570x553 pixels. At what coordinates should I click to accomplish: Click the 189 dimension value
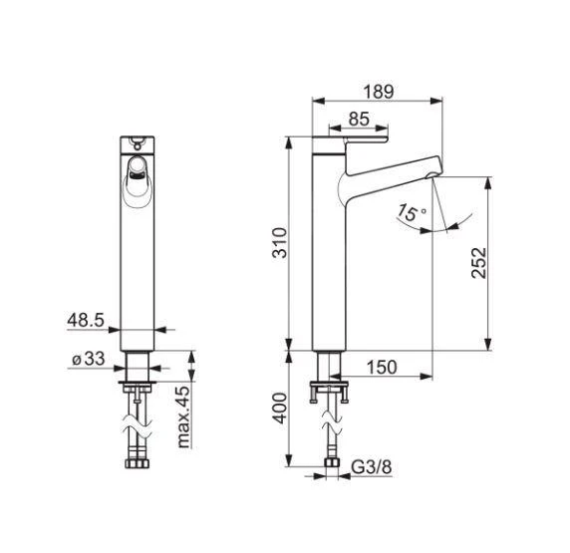379,92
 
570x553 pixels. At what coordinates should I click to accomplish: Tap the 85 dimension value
359,119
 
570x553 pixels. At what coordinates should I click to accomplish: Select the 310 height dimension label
280,243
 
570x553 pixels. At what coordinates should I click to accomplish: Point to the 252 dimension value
478,263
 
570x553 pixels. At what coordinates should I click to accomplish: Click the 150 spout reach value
382,368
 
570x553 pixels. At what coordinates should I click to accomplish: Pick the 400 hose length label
280,409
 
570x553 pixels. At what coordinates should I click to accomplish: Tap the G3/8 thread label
372,467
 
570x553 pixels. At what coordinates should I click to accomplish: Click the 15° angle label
411,212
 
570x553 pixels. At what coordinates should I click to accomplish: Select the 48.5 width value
86,320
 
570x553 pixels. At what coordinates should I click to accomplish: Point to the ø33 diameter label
89,359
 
